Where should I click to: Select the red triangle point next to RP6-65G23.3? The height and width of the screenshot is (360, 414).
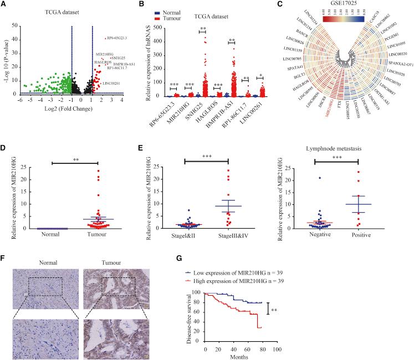(x=105, y=38)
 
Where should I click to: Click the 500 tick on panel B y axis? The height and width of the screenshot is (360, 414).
(x=162, y=24)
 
